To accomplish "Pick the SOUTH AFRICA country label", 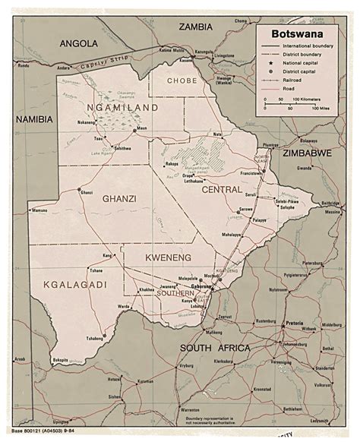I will pos(215,348).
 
